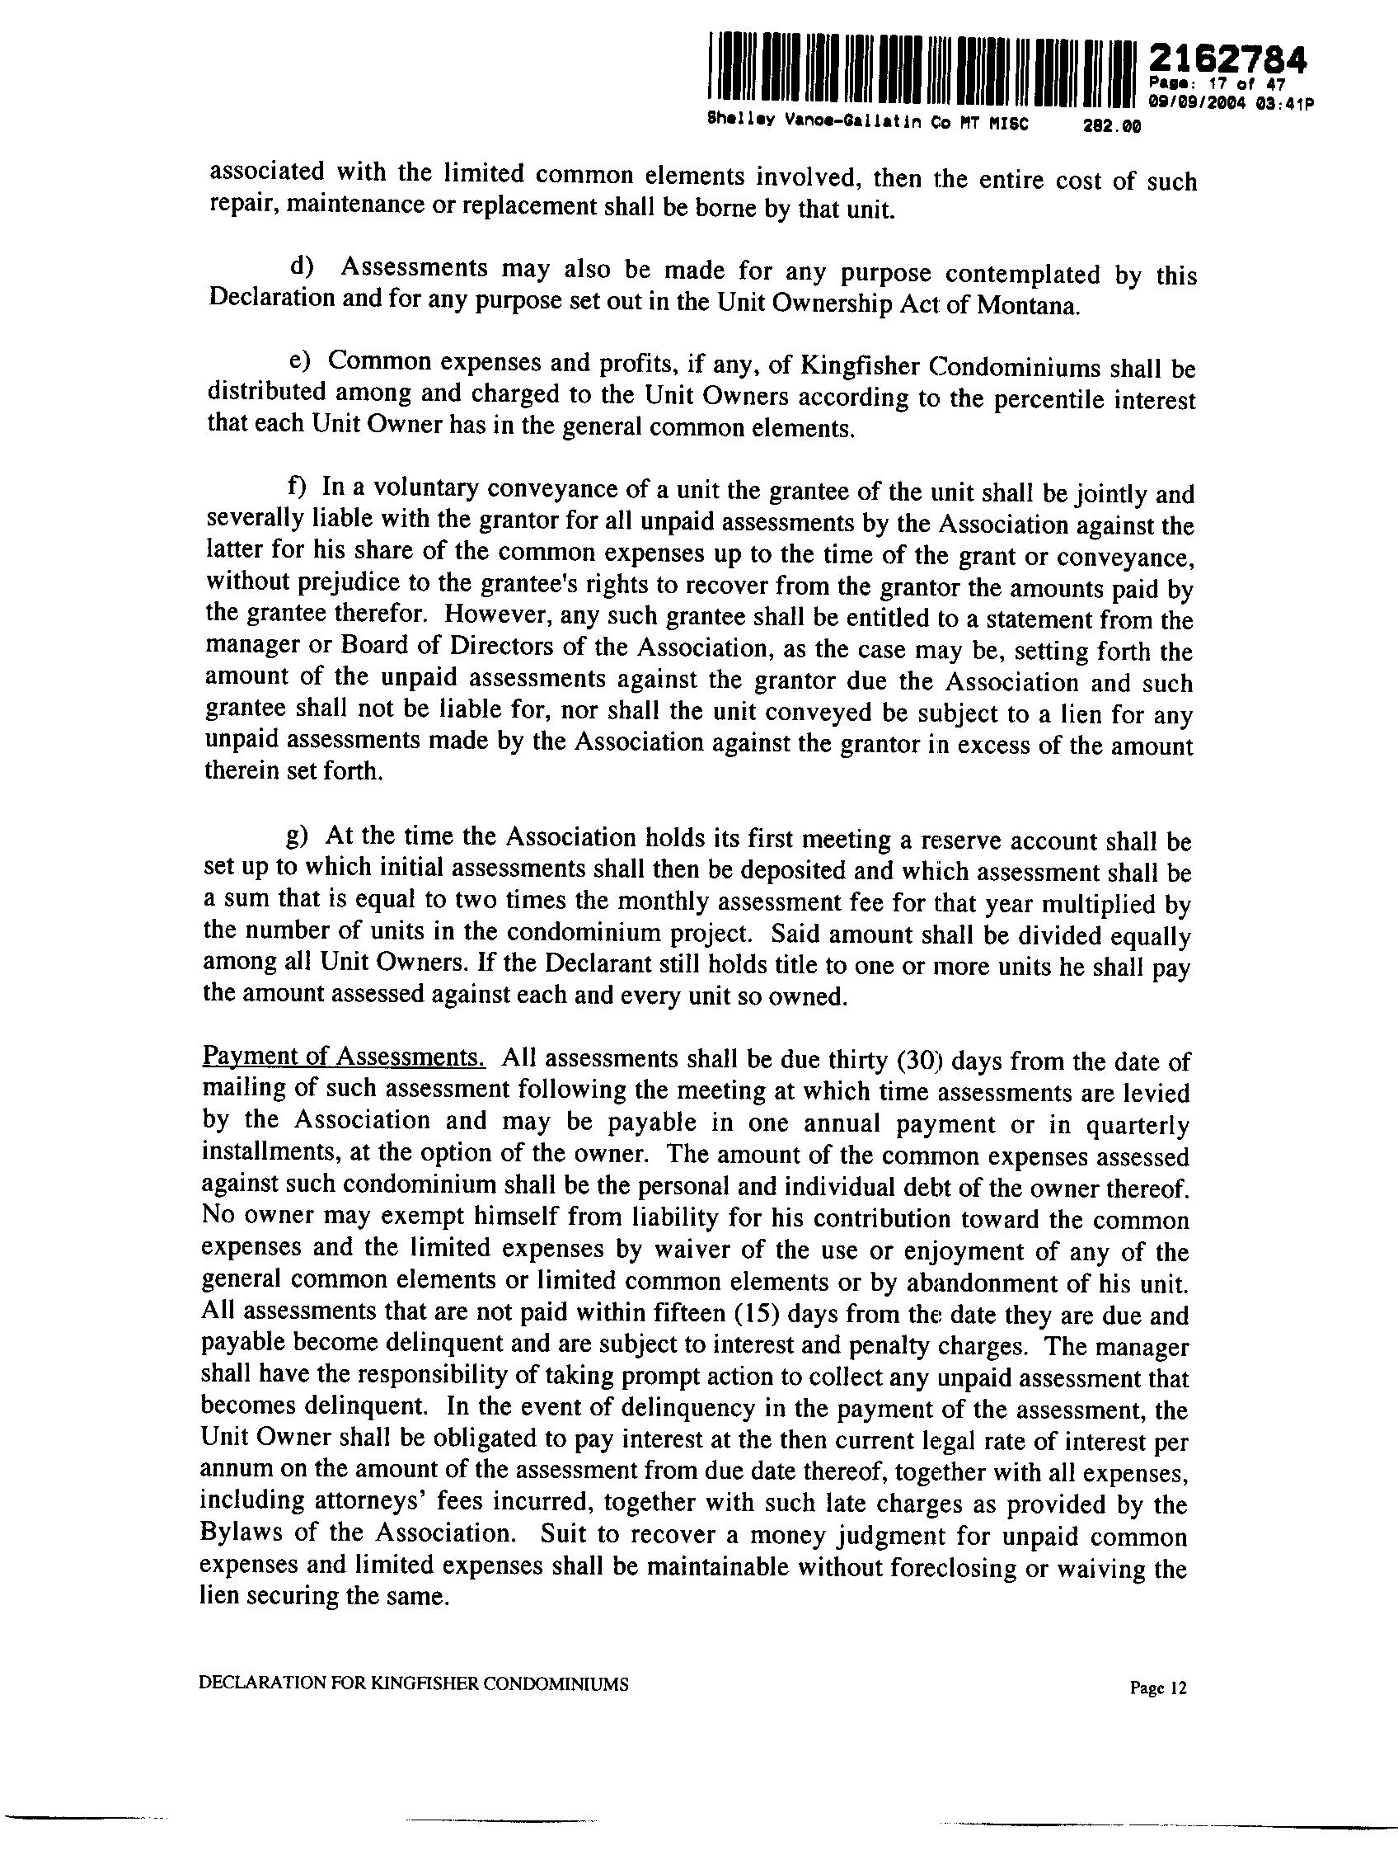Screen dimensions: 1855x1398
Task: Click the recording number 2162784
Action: (x=1227, y=59)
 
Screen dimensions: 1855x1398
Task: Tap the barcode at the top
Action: (x=920, y=73)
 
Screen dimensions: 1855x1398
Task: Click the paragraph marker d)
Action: (x=300, y=267)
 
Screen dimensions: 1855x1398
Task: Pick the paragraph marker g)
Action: (x=298, y=836)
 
